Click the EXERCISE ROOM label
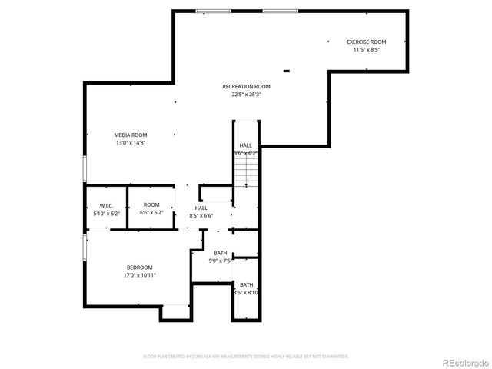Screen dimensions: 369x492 coord(366,42)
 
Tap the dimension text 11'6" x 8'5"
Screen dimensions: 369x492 coord(366,50)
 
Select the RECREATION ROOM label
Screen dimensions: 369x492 coord(246,87)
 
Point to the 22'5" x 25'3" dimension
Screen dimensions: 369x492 coord(246,95)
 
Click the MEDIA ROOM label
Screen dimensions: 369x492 coord(131,135)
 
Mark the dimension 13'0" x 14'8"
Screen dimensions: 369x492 coord(131,143)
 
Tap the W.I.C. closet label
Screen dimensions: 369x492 coord(106,205)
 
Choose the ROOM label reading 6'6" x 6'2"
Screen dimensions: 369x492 coord(151,204)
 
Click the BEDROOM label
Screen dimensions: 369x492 coord(140,267)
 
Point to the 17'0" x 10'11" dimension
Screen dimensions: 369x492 coord(140,275)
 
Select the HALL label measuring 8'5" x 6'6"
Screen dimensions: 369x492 coord(201,208)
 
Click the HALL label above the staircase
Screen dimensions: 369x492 coord(245,145)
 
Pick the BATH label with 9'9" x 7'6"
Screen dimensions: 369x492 coord(220,253)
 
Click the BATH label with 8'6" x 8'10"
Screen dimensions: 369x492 coord(246,284)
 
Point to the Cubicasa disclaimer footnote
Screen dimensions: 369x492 coord(246,357)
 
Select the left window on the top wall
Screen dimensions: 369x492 coord(208,11)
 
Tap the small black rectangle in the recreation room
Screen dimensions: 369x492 coord(287,71)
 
